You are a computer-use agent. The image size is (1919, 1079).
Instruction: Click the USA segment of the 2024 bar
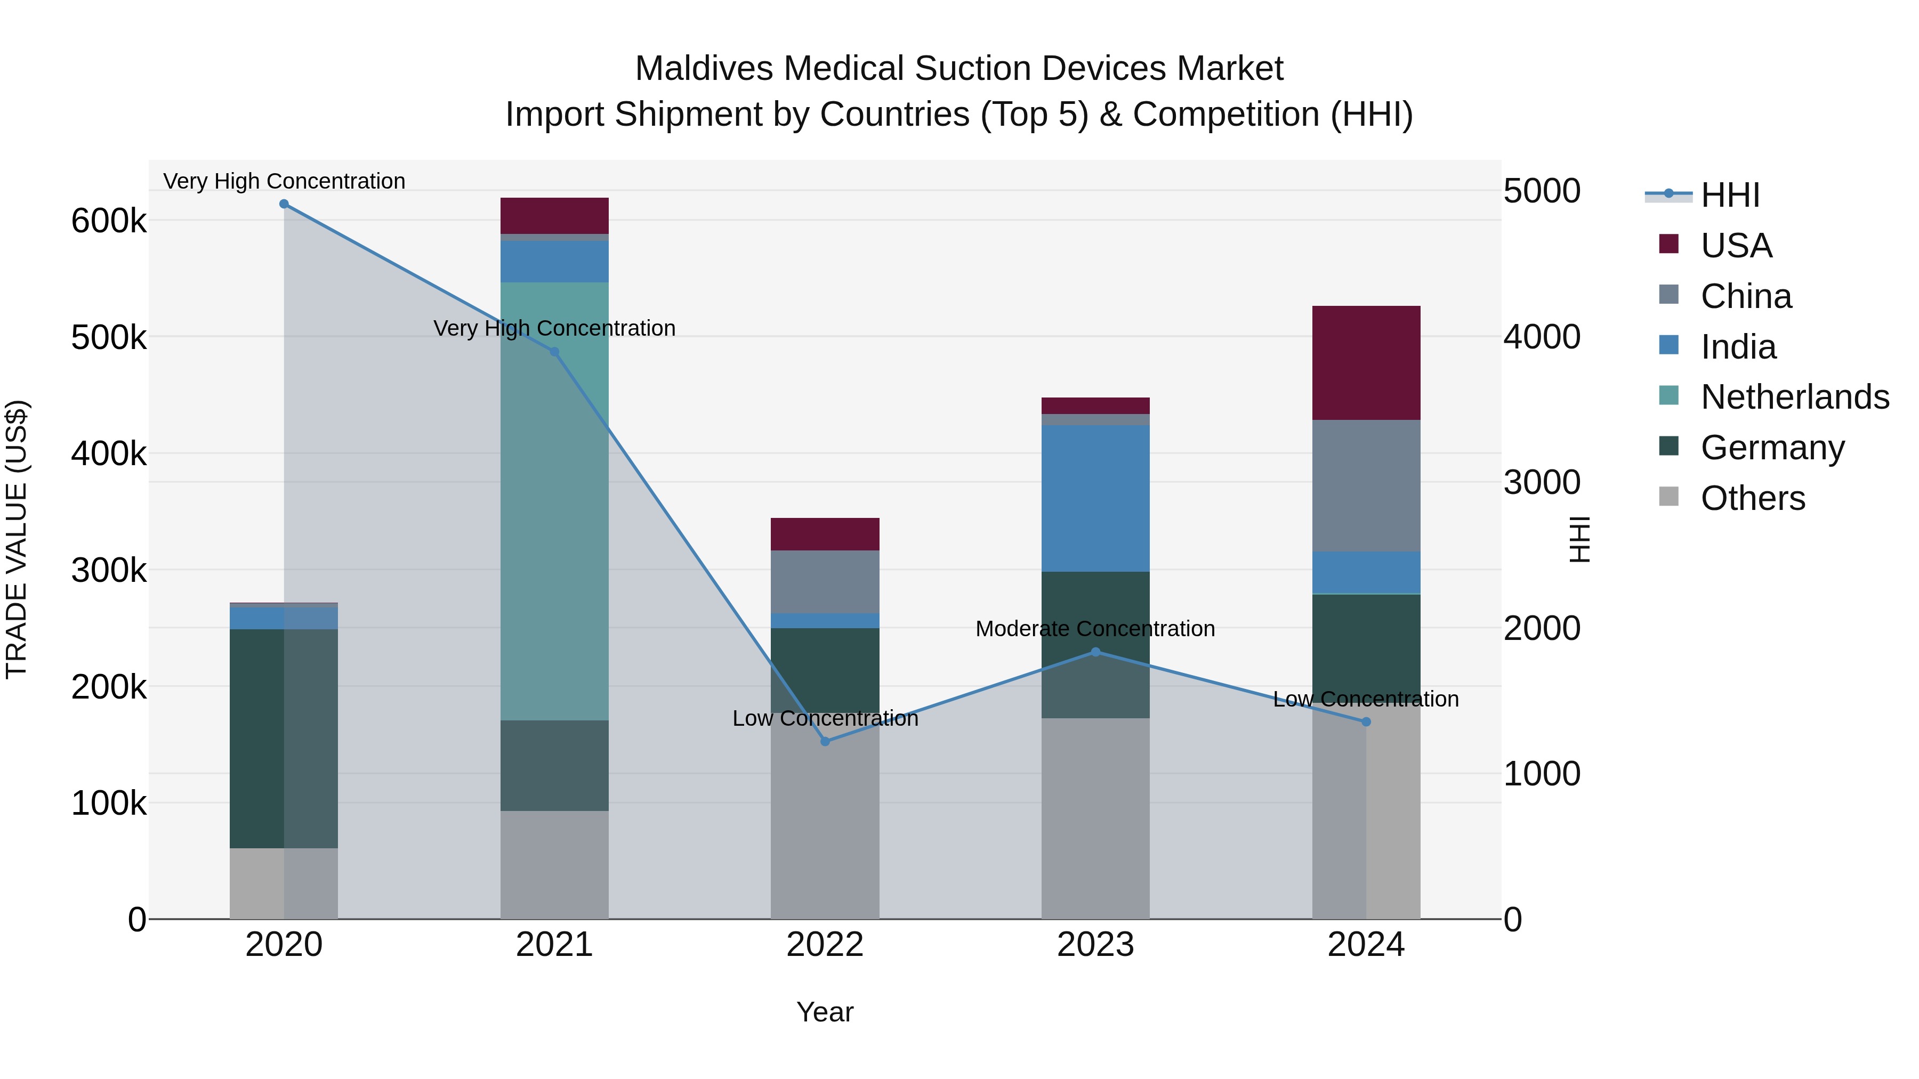1366,363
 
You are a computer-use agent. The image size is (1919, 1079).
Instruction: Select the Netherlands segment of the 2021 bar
554,500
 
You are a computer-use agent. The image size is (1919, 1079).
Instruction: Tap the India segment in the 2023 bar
1095,498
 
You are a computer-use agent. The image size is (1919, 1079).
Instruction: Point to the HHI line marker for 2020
284,204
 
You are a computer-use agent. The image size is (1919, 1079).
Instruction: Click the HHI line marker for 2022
825,742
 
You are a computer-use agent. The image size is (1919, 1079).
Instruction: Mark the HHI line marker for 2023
1095,652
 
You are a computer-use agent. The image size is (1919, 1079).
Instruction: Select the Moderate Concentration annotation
1095,629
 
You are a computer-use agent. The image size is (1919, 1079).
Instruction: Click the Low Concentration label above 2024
1366,699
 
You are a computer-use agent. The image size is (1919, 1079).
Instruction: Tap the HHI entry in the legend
1730,195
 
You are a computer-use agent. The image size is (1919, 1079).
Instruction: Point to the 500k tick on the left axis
109,338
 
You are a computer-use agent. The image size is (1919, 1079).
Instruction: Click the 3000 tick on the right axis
1541,483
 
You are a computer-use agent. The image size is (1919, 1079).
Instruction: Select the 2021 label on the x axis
554,945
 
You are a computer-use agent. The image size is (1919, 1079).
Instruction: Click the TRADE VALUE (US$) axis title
17,539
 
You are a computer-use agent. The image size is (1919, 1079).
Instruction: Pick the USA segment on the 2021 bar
554,216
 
